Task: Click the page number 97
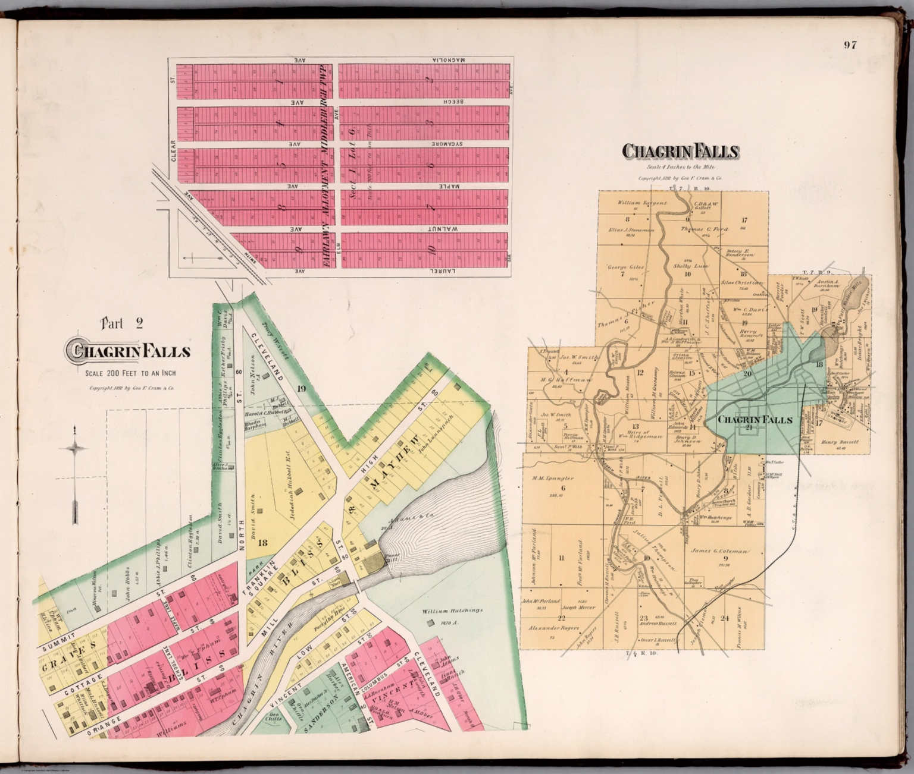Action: (x=850, y=45)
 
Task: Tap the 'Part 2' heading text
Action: (x=122, y=324)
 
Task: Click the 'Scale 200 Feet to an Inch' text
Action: (x=126, y=373)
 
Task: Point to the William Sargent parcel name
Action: (x=642, y=203)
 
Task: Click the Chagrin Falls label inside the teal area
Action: (x=755, y=420)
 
